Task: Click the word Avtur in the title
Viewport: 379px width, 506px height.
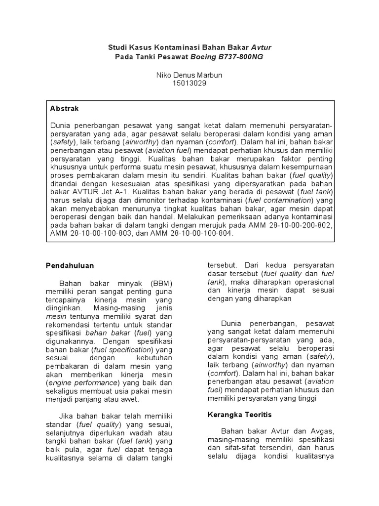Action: click(x=261, y=47)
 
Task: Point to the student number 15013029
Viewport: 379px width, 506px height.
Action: click(x=189, y=83)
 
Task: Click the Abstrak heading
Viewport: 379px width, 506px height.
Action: click(x=65, y=108)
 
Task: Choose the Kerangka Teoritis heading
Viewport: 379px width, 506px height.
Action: click(x=239, y=414)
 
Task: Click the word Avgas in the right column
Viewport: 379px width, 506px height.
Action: click(x=321, y=430)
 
